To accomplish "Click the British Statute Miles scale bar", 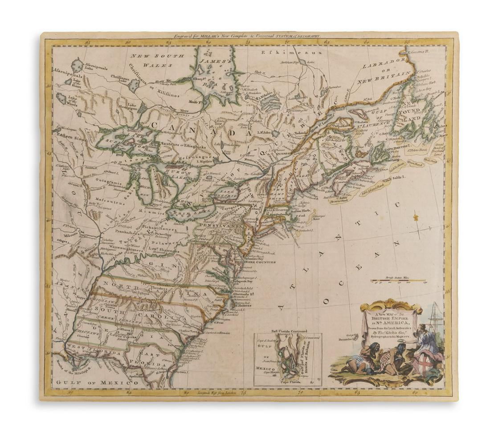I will pos(397,281).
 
